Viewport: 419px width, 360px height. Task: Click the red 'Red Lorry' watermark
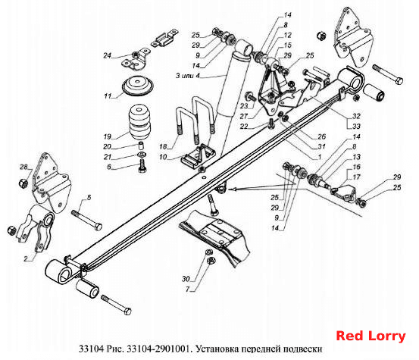click(371, 336)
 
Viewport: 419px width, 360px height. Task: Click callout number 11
click(108, 96)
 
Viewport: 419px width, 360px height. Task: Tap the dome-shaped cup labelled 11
click(138, 86)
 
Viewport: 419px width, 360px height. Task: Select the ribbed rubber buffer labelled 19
click(139, 122)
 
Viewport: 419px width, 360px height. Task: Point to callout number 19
click(107, 136)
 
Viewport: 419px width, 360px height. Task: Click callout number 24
click(107, 55)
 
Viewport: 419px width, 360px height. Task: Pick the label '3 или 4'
click(187, 76)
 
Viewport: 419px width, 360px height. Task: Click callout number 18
click(163, 146)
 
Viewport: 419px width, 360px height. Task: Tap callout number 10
click(163, 157)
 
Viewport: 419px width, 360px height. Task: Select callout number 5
click(89, 198)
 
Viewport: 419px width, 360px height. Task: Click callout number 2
click(26, 258)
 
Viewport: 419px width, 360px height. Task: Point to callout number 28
click(23, 167)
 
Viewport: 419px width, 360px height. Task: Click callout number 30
click(186, 279)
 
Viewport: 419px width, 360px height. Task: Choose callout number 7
click(187, 290)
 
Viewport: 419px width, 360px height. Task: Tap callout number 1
click(320, 157)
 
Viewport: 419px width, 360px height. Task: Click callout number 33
click(356, 126)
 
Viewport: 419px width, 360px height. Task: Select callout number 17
click(356, 177)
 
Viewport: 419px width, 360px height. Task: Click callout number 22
click(244, 126)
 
